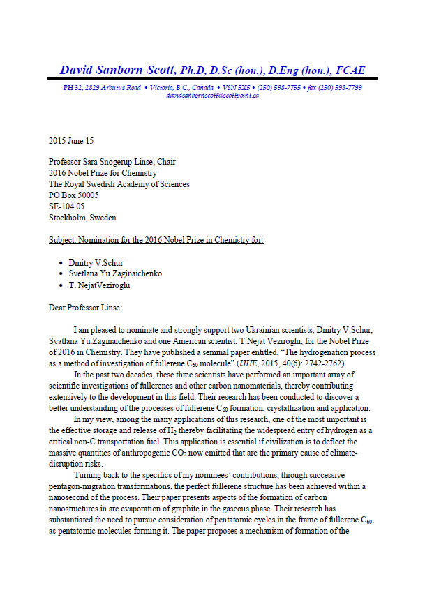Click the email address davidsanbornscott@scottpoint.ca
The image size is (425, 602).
click(x=212, y=95)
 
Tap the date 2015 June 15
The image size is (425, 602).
click(x=71, y=140)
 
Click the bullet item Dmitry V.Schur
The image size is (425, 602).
click(x=96, y=262)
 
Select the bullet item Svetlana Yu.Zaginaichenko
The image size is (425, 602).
click(x=115, y=273)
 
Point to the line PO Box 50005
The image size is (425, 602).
click(x=73, y=195)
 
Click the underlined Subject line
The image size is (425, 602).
click(x=156, y=240)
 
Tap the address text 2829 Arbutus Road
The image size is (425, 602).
click(x=106, y=87)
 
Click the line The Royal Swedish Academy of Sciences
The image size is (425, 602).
click(x=119, y=184)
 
